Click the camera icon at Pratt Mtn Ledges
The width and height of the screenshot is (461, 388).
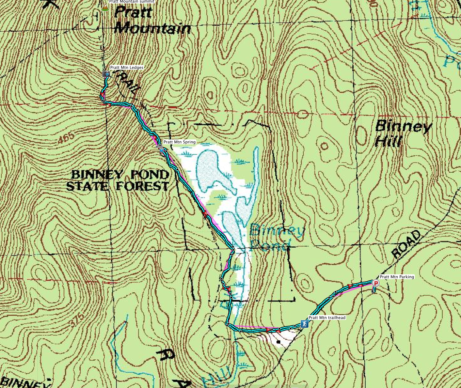click(106, 74)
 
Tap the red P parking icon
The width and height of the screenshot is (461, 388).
click(376, 283)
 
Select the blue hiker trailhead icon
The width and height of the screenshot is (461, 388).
click(304, 324)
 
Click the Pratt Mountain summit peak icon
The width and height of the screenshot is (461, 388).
click(105, 7)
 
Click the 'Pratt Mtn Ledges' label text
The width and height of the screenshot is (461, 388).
click(127, 67)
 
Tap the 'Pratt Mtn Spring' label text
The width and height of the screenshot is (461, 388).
click(179, 142)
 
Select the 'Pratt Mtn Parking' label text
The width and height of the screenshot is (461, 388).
click(397, 277)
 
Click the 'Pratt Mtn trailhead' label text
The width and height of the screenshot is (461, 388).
click(327, 318)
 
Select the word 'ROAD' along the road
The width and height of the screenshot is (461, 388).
click(406, 244)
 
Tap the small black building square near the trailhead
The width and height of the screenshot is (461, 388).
click(279, 342)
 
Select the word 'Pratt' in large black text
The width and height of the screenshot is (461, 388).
click(133, 13)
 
